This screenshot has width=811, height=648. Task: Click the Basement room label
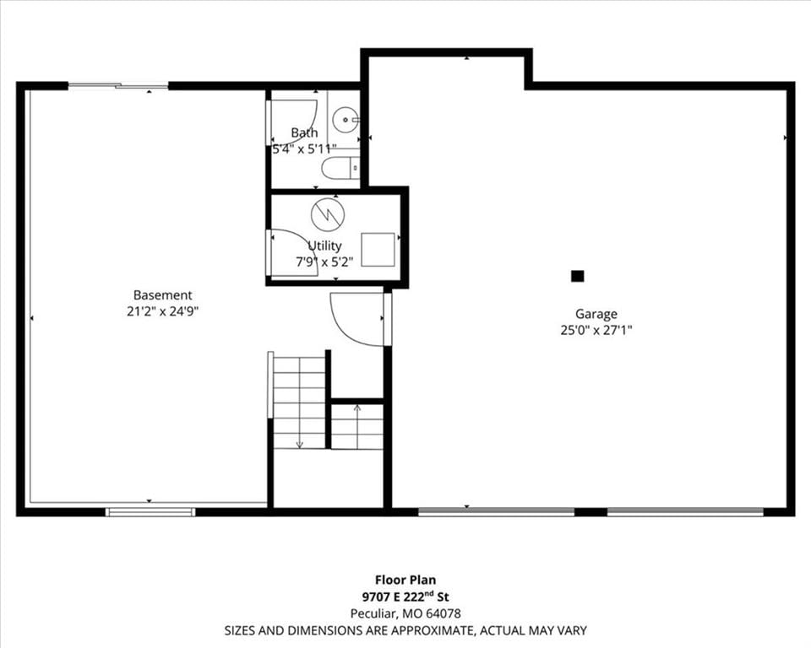point(162,295)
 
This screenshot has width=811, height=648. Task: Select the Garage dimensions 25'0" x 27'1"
point(596,330)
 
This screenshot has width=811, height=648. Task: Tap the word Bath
point(304,132)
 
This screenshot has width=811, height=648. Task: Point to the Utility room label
point(324,246)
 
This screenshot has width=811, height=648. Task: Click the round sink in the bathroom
point(345,119)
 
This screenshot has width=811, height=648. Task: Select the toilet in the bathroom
point(340,168)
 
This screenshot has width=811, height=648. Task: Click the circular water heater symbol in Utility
point(328,213)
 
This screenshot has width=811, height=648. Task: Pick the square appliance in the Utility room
point(378,250)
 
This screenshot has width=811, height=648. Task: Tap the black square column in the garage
point(577,276)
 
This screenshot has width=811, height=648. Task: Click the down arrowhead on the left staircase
point(299,445)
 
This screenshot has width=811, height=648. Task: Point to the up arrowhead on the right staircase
point(357,408)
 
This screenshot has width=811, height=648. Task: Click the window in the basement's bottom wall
point(150,512)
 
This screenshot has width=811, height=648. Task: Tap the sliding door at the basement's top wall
point(118,85)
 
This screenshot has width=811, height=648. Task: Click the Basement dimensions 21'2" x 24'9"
point(163,311)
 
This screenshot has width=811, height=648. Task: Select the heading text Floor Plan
point(405,580)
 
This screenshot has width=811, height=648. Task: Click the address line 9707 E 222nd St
point(405,597)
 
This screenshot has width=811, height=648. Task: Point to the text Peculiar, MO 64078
point(405,613)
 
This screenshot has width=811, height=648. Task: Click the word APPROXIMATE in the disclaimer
point(431,630)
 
